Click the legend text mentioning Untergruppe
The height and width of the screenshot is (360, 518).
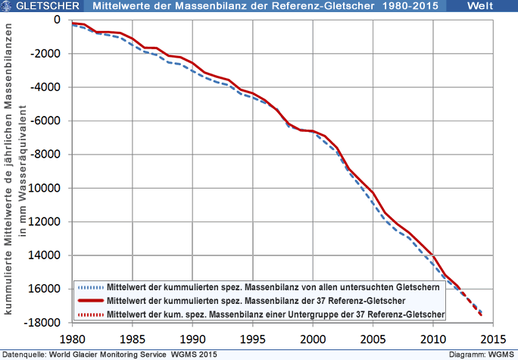[x=276, y=313]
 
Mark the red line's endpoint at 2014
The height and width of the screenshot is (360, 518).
[x=481, y=315]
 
